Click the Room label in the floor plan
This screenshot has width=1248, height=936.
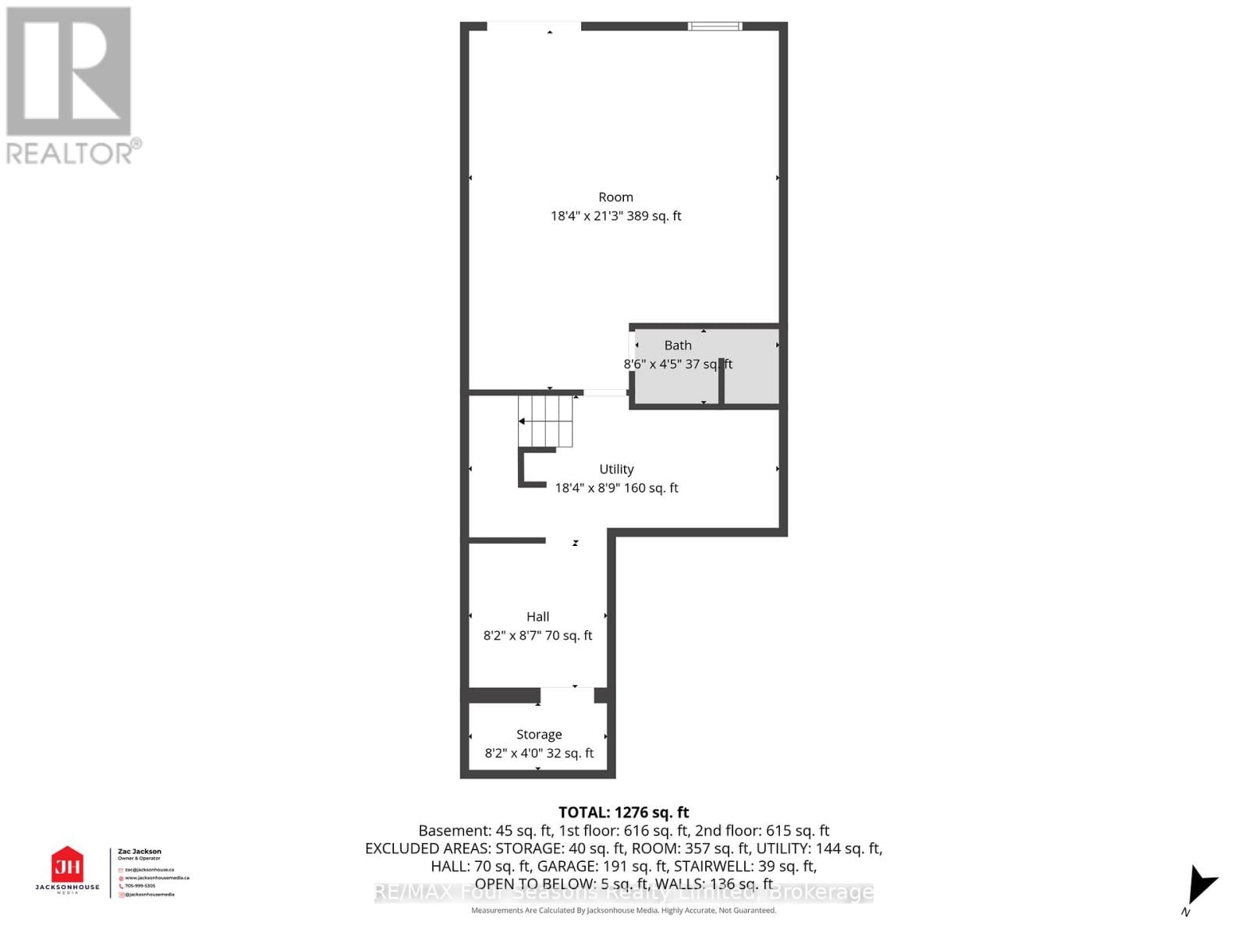[x=615, y=197]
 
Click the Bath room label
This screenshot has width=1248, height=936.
[x=678, y=345]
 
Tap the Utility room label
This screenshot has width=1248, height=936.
[x=616, y=469]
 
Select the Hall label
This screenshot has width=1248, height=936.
[x=537, y=616]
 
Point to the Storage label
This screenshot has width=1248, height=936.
[x=539, y=734]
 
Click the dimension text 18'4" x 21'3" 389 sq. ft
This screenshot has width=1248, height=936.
[x=615, y=216]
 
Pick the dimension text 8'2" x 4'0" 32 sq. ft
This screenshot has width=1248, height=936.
[x=539, y=753]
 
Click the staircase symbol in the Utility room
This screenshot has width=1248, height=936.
[x=545, y=421]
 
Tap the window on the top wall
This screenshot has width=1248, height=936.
[x=714, y=27]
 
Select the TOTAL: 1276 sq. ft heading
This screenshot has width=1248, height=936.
[x=623, y=813]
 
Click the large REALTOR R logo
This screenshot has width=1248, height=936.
[x=69, y=72]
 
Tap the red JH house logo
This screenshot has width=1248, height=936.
[x=67, y=864]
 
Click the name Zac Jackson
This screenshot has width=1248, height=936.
[x=140, y=852]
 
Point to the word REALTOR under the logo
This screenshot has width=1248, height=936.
[x=70, y=153]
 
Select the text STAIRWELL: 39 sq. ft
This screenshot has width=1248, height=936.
[x=745, y=866]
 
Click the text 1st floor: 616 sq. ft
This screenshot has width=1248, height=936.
[x=624, y=831]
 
